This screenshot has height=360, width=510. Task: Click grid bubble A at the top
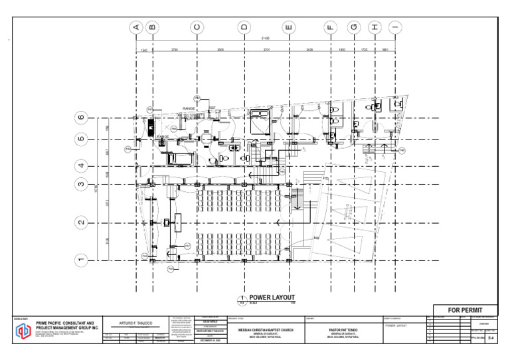136,27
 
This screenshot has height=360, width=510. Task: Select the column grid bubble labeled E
288,27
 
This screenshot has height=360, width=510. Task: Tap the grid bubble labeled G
354,27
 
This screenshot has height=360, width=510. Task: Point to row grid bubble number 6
82,118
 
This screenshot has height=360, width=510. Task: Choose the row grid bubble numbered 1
82,260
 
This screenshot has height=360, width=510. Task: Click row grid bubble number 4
82,165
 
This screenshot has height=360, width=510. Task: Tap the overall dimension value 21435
266,39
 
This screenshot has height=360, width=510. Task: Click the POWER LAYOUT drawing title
272,298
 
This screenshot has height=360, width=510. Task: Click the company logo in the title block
23,331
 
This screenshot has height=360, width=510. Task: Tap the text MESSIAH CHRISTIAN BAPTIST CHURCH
264,329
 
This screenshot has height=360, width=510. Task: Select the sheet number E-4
490,338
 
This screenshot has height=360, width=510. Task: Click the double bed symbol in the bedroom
258,120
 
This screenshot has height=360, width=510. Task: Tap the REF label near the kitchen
212,108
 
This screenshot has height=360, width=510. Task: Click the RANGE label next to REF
189,108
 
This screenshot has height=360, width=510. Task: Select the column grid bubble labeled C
197,27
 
